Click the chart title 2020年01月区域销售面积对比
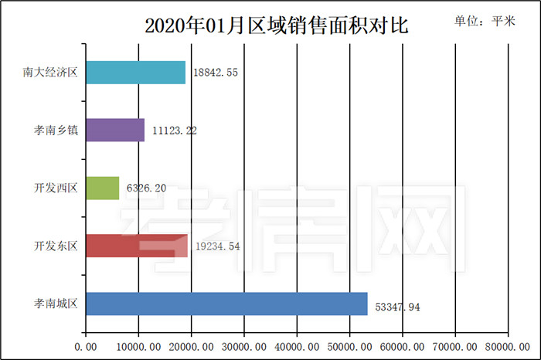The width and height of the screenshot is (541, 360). [276, 25]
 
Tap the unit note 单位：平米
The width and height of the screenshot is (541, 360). [488, 22]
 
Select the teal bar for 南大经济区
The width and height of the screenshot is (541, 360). [135, 73]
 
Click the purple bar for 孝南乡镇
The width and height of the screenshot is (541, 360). [114, 131]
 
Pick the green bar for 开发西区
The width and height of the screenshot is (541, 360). [102, 188]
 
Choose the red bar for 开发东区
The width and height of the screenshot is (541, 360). [136, 246]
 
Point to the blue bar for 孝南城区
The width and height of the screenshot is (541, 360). [226, 304]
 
